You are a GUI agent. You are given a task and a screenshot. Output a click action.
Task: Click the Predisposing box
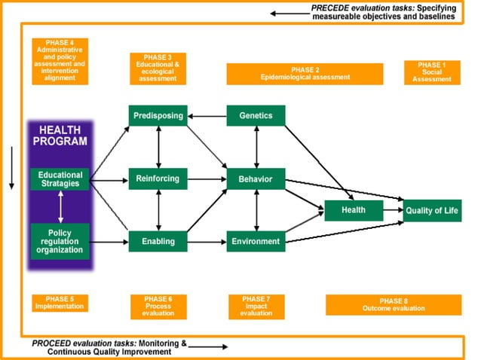click(158, 115)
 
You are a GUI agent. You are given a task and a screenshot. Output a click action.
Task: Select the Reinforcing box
click(158, 178)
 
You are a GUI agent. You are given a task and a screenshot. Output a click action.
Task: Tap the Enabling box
click(158, 241)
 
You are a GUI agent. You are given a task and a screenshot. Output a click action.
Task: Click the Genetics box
click(256, 115)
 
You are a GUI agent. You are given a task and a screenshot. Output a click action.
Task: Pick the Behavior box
click(256, 178)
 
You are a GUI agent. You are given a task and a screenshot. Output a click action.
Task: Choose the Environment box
click(256, 241)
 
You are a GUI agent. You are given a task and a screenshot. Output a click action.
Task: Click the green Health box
click(354, 211)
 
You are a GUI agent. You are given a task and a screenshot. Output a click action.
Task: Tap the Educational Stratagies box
click(60, 178)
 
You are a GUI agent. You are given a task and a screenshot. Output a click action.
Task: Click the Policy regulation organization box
click(60, 241)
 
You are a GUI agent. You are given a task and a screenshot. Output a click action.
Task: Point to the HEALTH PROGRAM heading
click(60, 135)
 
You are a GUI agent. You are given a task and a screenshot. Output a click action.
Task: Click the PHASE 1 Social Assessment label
click(432, 72)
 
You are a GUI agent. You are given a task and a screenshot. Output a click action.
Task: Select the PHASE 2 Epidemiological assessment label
click(305, 73)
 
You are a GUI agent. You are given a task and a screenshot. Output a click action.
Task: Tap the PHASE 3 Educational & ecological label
click(158, 68)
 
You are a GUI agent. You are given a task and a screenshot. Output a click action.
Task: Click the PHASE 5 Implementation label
click(60, 303)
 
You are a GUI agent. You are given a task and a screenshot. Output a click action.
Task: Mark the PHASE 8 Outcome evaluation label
click(393, 304)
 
